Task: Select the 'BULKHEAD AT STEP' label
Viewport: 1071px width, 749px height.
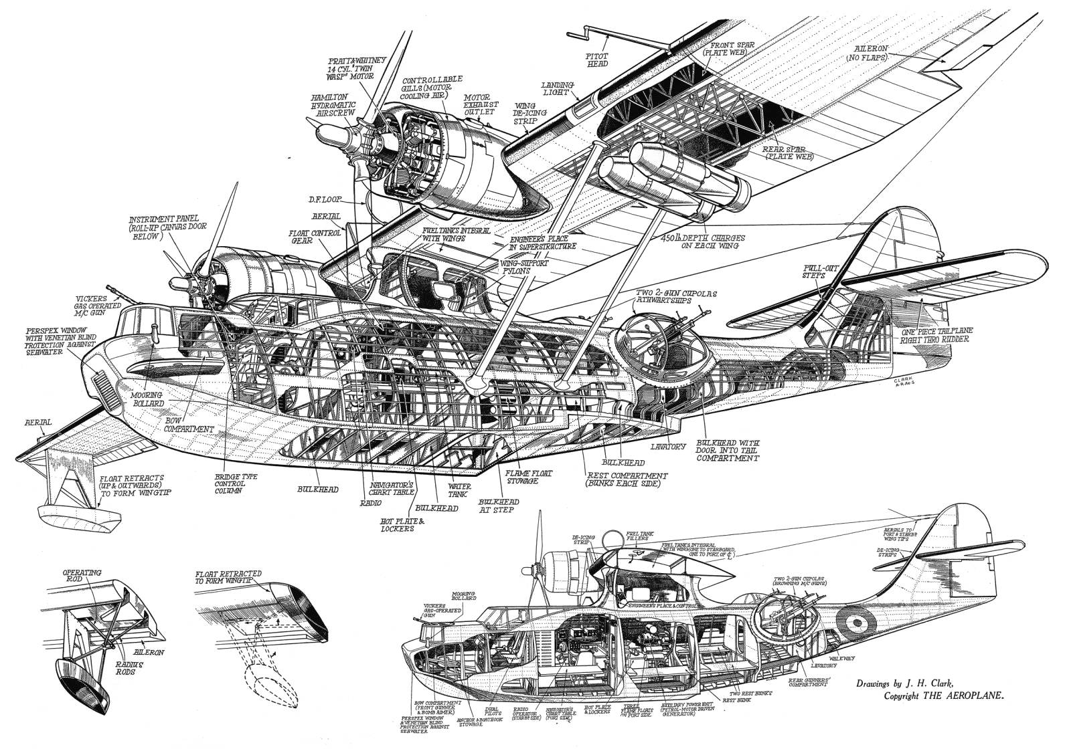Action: [496, 505]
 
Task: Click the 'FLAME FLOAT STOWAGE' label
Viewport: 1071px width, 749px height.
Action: [529, 477]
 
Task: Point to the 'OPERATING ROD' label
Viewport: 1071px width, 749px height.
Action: [82, 577]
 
